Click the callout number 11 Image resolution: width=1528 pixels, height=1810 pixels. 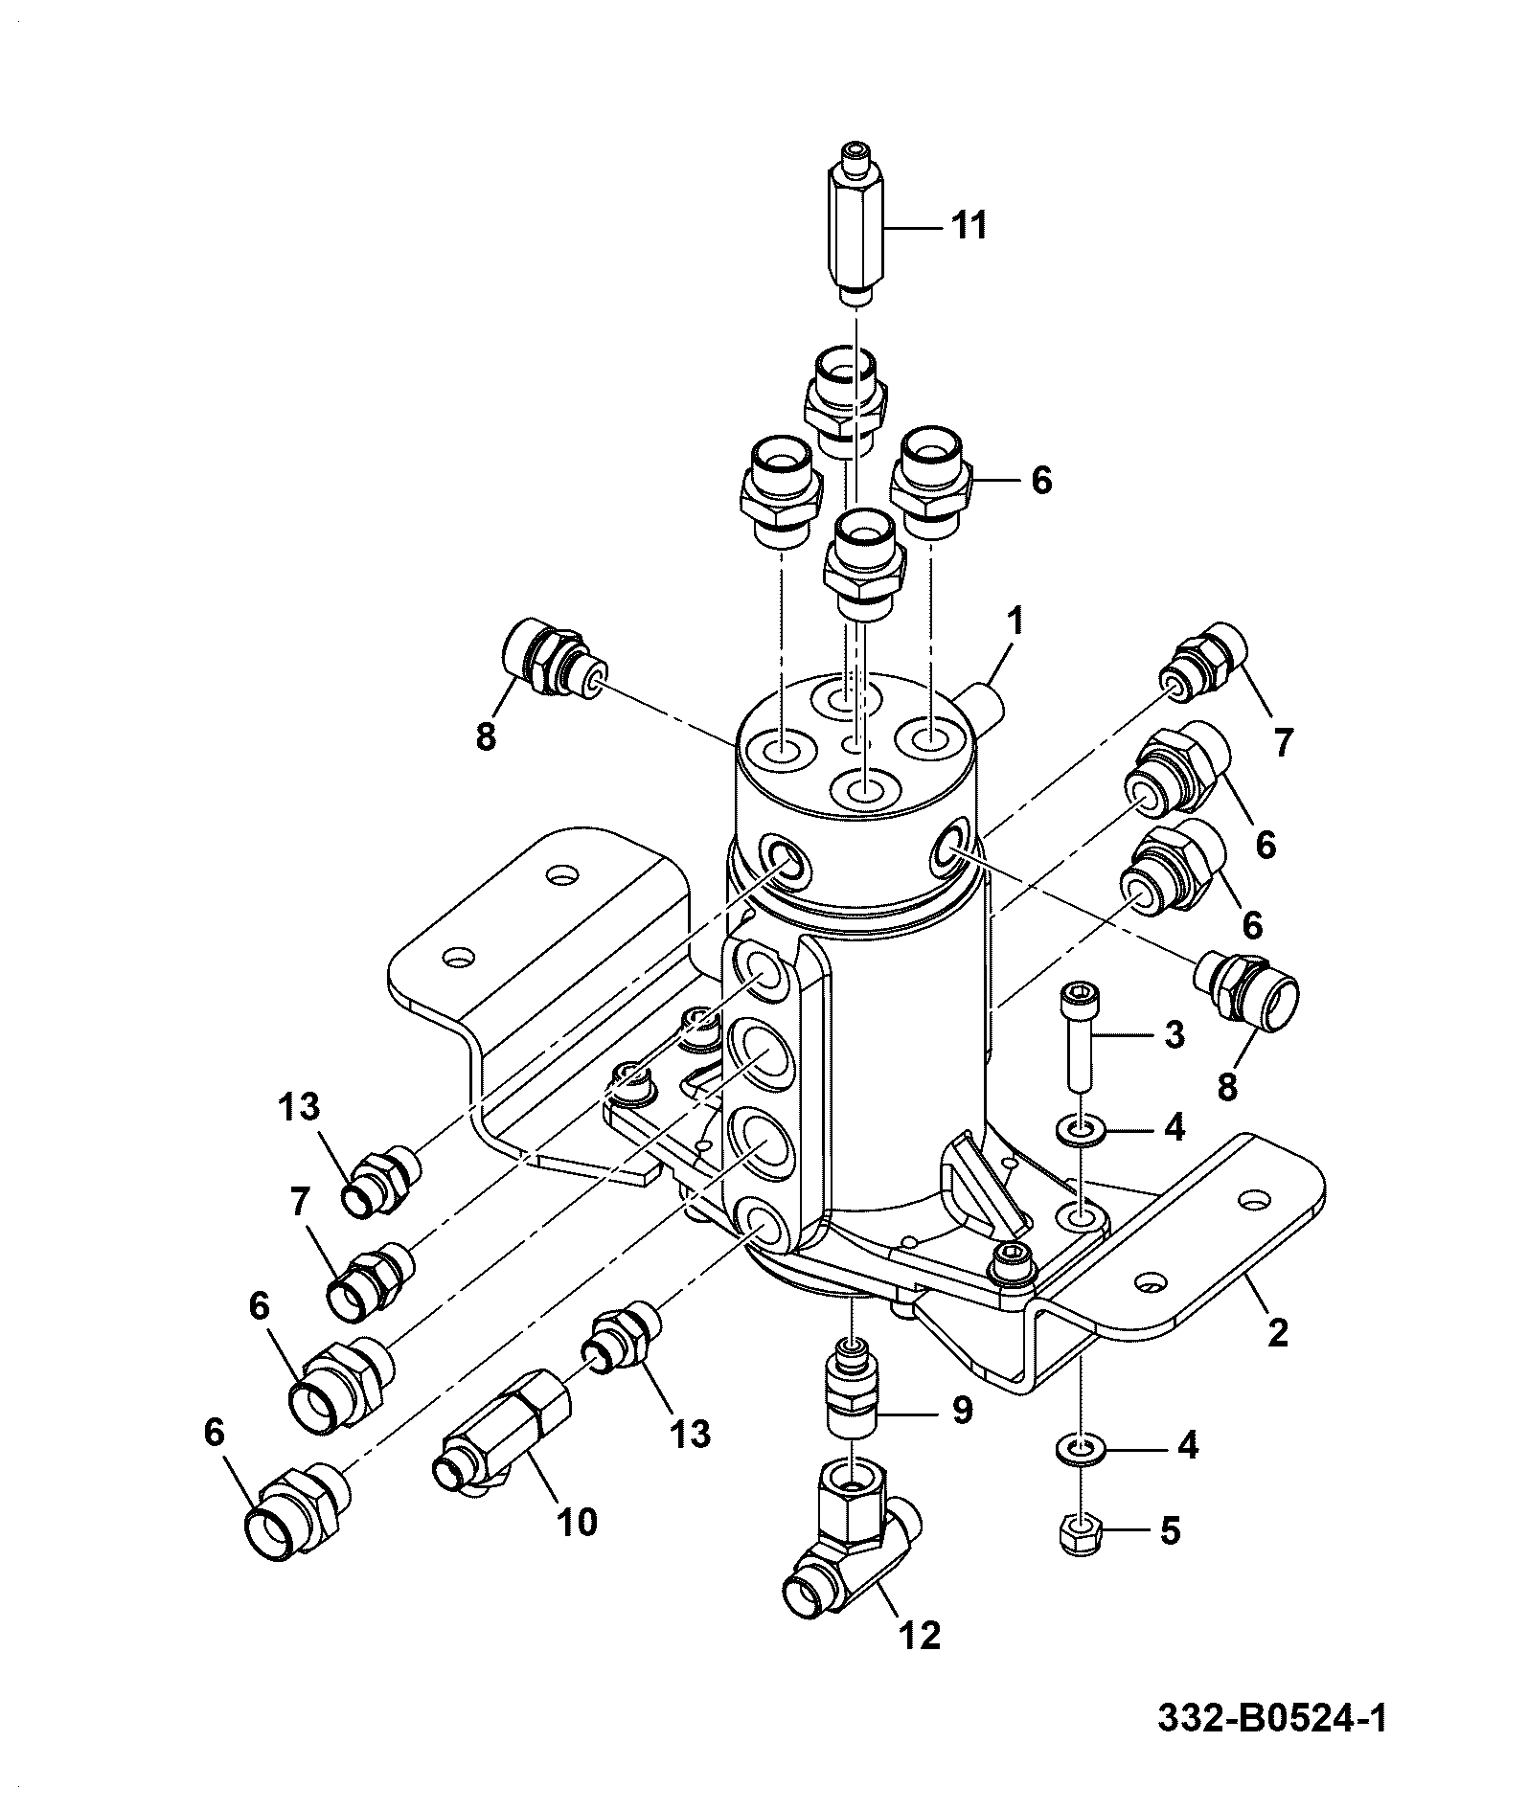[968, 227]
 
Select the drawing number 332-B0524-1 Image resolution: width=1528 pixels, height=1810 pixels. [1271, 1718]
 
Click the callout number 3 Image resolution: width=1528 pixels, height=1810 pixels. [1174, 1034]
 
